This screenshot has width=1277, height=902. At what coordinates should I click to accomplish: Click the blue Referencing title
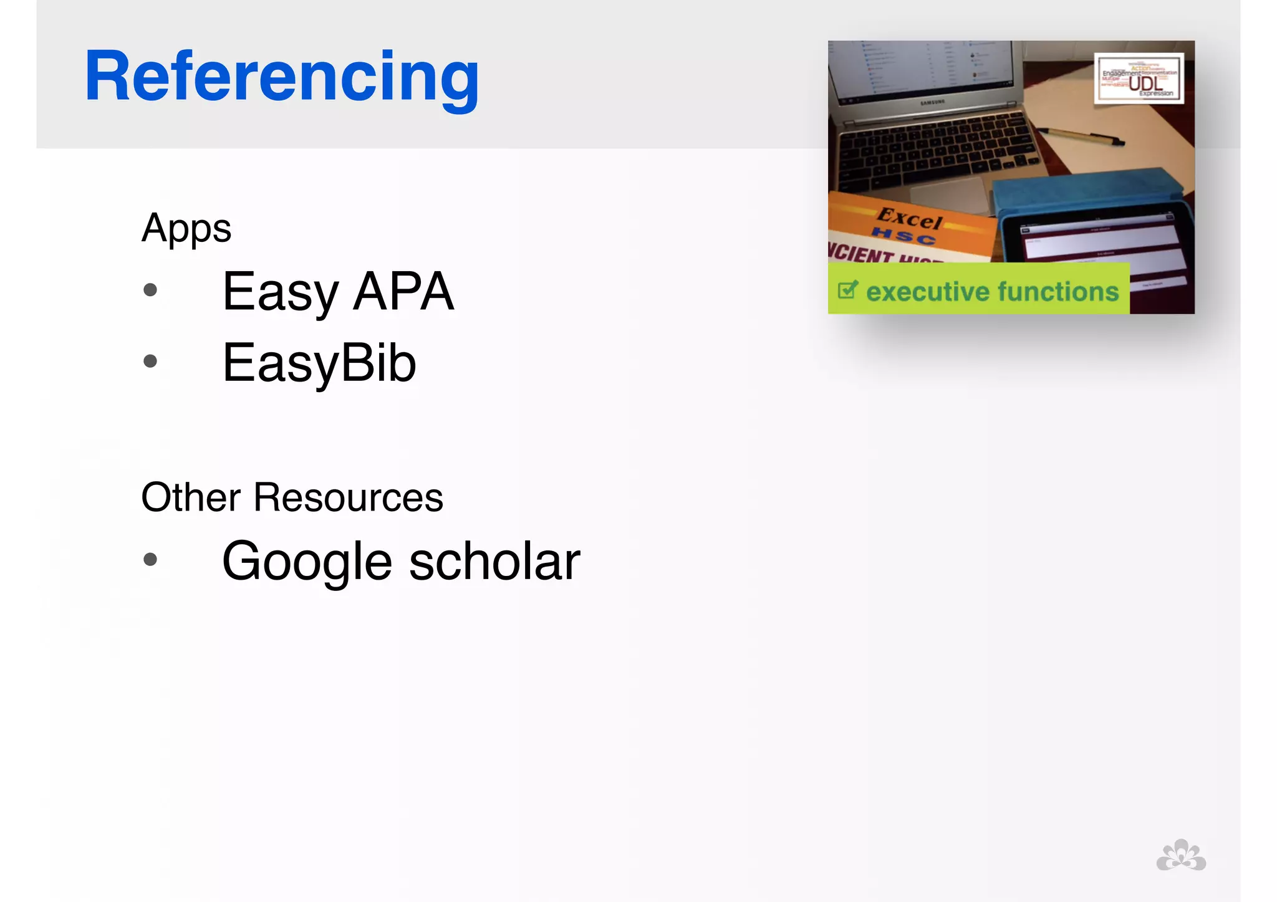(282, 77)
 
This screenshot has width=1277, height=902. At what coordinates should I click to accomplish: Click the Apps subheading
(186, 229)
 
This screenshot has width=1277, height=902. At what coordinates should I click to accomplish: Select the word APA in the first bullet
(403, 291)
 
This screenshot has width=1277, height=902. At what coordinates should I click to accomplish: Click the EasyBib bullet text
(319, 363)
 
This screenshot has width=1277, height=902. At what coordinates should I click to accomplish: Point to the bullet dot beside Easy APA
(150, 290)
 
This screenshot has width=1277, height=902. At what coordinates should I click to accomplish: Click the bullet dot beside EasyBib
(150, 361)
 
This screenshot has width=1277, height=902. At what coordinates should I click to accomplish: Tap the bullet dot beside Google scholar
(150, 559)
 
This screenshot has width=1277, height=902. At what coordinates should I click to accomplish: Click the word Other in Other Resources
(191, 497)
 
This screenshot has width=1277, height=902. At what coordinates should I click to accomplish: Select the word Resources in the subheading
(348, 497)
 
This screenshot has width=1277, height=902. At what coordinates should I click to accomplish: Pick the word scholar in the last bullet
(494, 561)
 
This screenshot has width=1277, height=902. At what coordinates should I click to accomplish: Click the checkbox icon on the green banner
(848, 290)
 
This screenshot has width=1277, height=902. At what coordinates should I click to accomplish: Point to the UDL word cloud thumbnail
(1139, 79)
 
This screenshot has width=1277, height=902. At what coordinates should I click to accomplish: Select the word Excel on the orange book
(910, 219)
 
